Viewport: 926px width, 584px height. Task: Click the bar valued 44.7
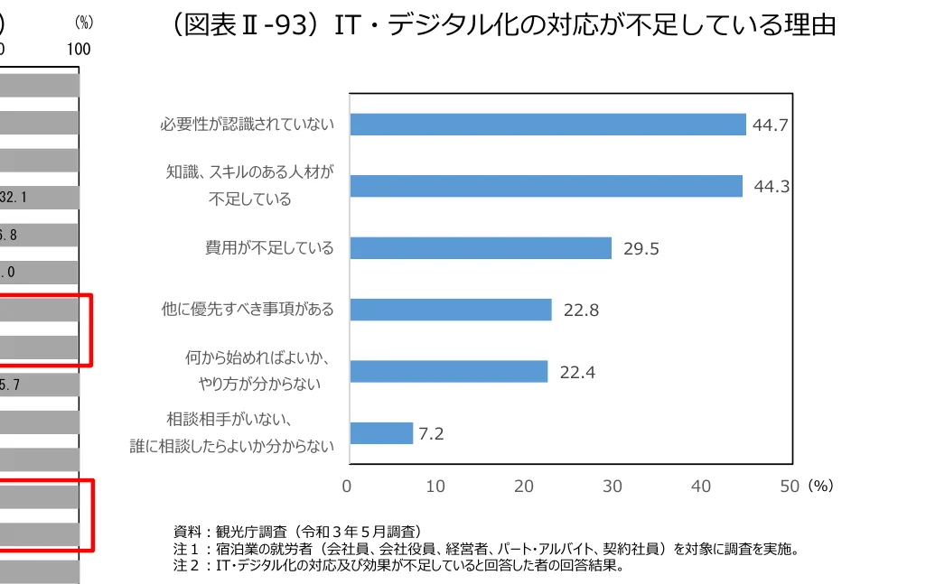(x=547, y=125)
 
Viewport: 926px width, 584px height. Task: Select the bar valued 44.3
(x=546, y=186)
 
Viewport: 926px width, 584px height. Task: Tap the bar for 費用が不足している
(x=481, y=248)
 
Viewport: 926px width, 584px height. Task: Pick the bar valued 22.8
(x=451, y=310)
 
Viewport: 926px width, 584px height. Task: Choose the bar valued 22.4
(x=449, y=372)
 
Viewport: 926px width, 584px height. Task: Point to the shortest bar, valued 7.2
(x=381, y=433)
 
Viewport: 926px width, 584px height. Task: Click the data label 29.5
(x=641, y=250)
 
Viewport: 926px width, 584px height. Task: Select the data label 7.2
(x=431, y=434)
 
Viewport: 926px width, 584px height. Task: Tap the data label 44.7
(x=771, y=125)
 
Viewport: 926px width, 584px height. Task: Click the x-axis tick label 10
(x=435, y=487)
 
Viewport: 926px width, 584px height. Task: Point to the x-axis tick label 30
(x=613, y=487)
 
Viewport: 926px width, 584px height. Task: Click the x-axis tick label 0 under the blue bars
(x=347, y=487)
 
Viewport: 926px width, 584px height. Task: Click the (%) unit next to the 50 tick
(x=820, y=487)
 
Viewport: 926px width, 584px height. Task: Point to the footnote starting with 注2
(x=398, y=567)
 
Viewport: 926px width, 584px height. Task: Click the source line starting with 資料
(x=297, y=531)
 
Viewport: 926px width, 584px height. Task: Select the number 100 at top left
(x=79, y=50)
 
